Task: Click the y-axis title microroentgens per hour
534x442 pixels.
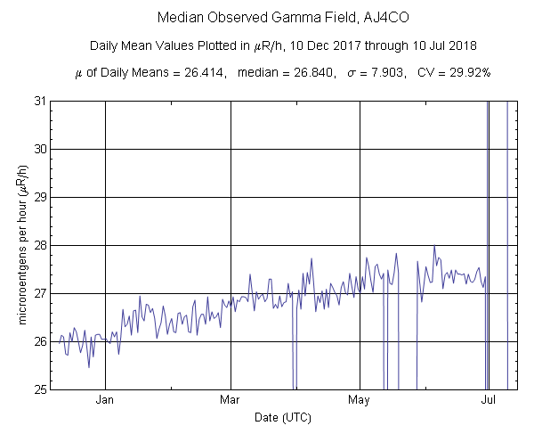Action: coord(25,245)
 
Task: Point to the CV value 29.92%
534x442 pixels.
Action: coord(463,72)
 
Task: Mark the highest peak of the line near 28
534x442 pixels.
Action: coord(434,246)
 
